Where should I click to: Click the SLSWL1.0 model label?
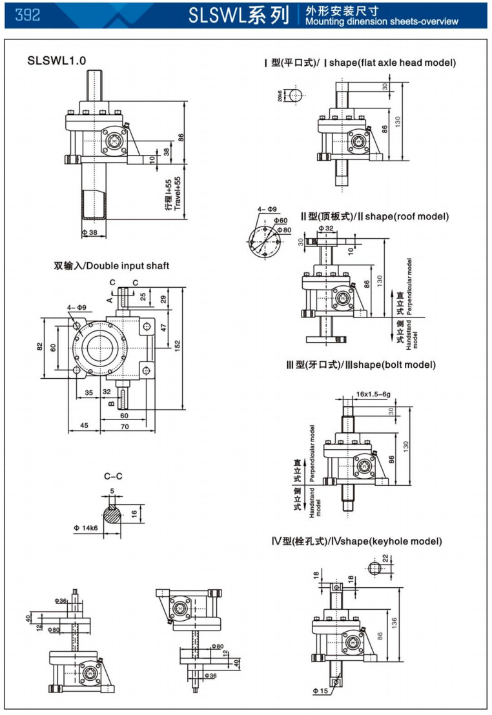(57, 61)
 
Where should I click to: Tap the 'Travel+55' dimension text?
(178, 194)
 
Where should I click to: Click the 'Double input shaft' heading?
(112, 265)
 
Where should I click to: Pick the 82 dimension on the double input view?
(39, 347)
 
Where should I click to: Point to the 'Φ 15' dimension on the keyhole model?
(322, 691)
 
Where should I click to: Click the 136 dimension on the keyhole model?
(395, 621)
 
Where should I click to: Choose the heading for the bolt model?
(361, 365)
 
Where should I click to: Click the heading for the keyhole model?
(357, 541)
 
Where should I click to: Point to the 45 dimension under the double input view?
(84, 426)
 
